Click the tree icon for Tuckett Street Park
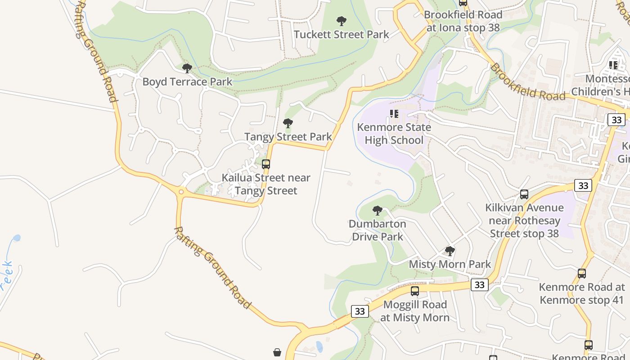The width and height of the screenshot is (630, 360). coord(342,21)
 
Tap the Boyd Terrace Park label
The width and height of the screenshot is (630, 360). coord(187,81)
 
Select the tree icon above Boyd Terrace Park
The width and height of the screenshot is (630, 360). coord(187,68)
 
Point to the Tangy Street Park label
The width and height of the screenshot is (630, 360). coord(288,136)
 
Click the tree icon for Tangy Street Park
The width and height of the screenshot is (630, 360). coord(288,123)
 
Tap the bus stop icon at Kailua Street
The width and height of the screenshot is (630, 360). coord(266,164)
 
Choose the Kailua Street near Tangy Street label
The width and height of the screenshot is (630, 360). coord(266,184)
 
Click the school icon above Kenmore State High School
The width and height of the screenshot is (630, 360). coord(394,114)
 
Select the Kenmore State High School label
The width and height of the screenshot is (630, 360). coord(394,134)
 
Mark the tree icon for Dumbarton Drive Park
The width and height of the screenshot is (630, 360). coord(378,210)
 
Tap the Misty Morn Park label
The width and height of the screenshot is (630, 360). coord(450,264)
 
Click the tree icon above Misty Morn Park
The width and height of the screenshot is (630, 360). coord(450,251)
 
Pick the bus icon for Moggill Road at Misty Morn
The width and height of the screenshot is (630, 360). coord(415,291)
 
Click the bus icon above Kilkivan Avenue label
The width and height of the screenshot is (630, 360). coord(524,194)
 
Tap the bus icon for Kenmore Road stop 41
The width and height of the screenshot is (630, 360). coord(582,274)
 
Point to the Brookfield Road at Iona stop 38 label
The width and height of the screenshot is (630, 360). coord(463,21)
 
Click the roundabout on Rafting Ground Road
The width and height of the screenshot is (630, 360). coord(181,192)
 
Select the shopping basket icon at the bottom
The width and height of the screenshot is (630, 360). coord(277,352)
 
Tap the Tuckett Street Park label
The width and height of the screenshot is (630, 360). coord(342,34)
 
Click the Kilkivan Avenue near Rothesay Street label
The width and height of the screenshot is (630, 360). coord(524,220)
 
